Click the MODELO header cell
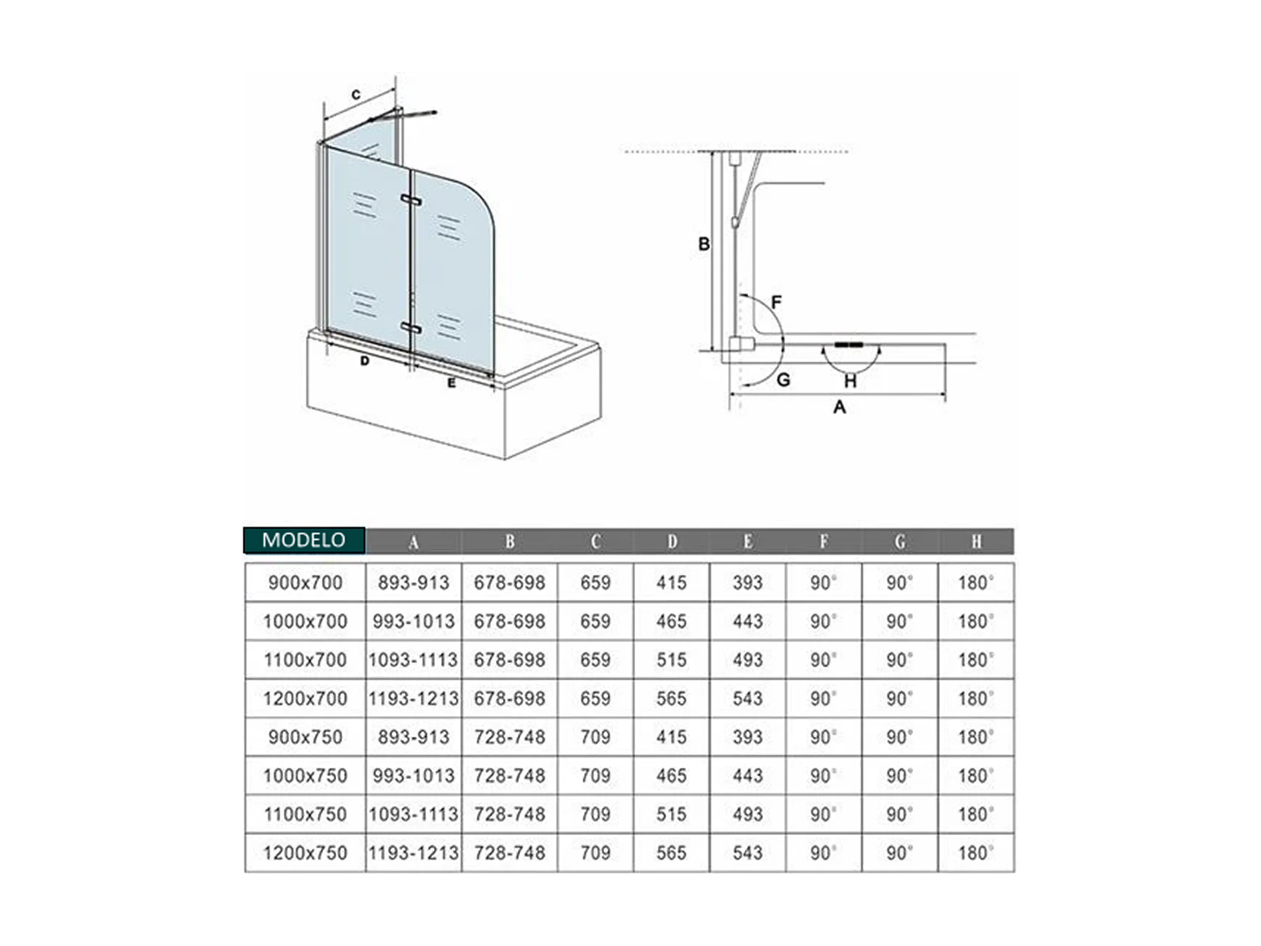tap(304, 540)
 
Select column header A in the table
tap(414, 542)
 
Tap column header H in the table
tap(977, 542)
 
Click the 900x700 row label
tap(305, 583)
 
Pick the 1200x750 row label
tap(305, 853)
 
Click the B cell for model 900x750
tap(509, 737)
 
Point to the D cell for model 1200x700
tap(671, 699)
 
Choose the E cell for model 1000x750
tap(747, 776)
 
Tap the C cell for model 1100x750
tap(595, 814)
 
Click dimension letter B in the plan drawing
tap(704, 244)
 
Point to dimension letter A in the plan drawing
tap(839, 407)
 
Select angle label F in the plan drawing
tap(776, 302)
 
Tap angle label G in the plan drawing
tap(783, 380)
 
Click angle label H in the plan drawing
tap(850, 381)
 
